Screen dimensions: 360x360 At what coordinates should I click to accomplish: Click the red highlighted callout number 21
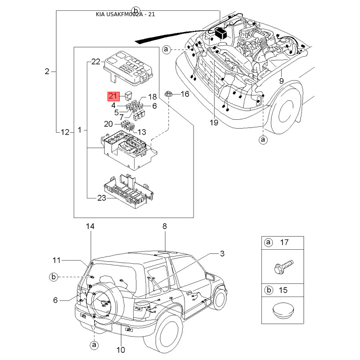[112, 96]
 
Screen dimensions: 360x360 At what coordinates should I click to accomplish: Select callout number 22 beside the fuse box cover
[95, 62]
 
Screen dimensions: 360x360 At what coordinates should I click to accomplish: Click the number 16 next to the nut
[185, 94]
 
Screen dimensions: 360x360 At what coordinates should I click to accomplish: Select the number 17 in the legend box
[284, 243]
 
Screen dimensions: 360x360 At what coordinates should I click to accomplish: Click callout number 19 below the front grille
[213, 122]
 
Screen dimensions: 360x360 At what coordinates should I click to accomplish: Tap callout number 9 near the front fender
[281, 81]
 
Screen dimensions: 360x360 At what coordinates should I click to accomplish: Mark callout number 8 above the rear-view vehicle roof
[165, 225]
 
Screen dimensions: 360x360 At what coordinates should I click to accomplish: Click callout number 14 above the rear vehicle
[91, 226]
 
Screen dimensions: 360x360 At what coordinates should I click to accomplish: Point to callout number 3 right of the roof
[222, 254]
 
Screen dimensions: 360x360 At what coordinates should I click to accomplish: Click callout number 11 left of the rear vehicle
[56, 260]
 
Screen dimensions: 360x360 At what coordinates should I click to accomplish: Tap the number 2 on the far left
[47, 71]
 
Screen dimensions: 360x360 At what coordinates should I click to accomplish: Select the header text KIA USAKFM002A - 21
[126, 14]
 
